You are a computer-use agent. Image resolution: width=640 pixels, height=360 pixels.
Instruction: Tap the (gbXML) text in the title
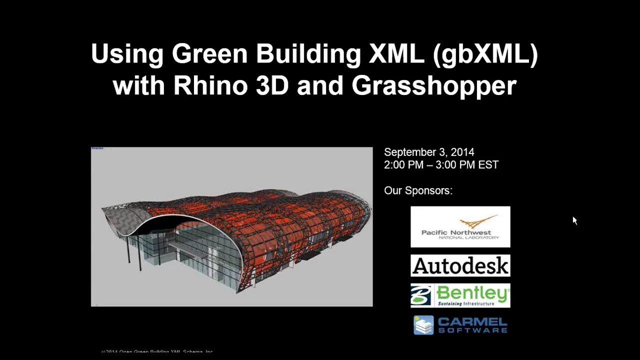(x=485, y=54)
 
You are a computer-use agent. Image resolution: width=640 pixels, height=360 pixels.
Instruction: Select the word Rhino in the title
(x=210, y=85)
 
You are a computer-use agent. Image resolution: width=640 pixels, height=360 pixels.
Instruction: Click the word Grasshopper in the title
(x=434, y=85)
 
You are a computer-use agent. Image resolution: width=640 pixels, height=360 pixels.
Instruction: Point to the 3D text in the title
(x=272, y=85)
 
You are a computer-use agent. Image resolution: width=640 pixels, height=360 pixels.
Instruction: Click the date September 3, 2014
(x=429, y=152)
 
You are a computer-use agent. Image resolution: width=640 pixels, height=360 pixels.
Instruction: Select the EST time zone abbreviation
(x=488, y=165)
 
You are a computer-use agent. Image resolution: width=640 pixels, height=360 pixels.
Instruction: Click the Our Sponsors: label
(x=418, y=190)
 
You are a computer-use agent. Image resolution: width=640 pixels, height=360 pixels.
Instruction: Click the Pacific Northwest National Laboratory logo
(x=460, y=226)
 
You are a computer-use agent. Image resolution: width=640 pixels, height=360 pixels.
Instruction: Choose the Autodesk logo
(x=460, y=265)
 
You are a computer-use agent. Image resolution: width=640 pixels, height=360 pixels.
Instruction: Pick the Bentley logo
(x=460, y=295)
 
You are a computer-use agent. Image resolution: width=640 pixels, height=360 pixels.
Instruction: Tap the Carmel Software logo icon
(x=423, y=325)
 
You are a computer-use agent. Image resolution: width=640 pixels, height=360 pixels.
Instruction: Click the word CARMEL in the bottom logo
(x=472, y=321)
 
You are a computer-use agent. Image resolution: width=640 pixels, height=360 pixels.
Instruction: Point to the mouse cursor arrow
(x=574, y=220)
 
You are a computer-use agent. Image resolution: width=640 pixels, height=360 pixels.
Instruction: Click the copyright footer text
(x=157, y=351)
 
